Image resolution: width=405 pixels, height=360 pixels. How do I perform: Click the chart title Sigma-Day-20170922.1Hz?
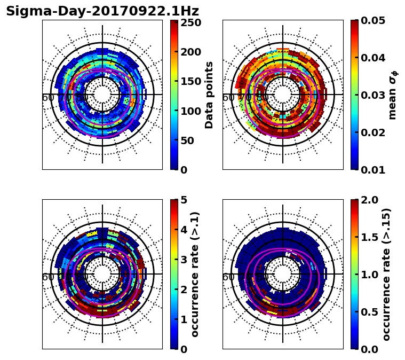point(102,11)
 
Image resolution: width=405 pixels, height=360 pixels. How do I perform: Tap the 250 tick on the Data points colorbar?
point(190,22)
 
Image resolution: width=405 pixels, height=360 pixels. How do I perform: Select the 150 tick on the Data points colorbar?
point(190,81)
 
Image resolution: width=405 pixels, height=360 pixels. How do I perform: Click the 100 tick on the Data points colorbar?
point(190,111)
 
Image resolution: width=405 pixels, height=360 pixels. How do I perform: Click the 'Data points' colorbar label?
point(209,95)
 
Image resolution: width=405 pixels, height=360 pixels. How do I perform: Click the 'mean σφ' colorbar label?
point(393,95)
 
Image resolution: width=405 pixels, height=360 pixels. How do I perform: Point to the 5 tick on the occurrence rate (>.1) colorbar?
point(184,200)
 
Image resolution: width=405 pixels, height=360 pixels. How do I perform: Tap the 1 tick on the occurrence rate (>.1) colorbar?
point(184,319)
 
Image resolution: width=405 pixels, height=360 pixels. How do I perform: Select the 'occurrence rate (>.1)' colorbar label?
point(195,274)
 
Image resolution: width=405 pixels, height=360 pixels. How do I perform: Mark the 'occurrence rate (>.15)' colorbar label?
point(387,274)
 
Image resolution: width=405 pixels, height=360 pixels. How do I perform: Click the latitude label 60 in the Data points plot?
point(47,98)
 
